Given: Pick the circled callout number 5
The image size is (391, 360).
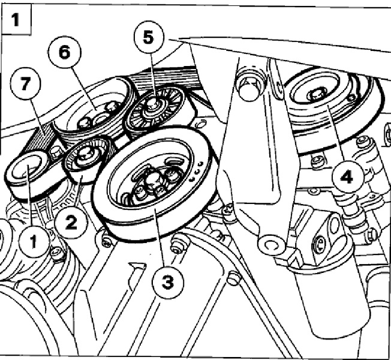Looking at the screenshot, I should pyautogui.click(x=147, y=36).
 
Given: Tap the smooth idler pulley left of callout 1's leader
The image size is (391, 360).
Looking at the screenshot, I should pyautogui.click(x=26, y=170).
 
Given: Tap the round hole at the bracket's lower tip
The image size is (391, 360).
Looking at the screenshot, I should pyautogui.click(x=268, y=244).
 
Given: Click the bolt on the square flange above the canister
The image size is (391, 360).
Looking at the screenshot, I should pyautogui.click(x=320, y=242).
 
